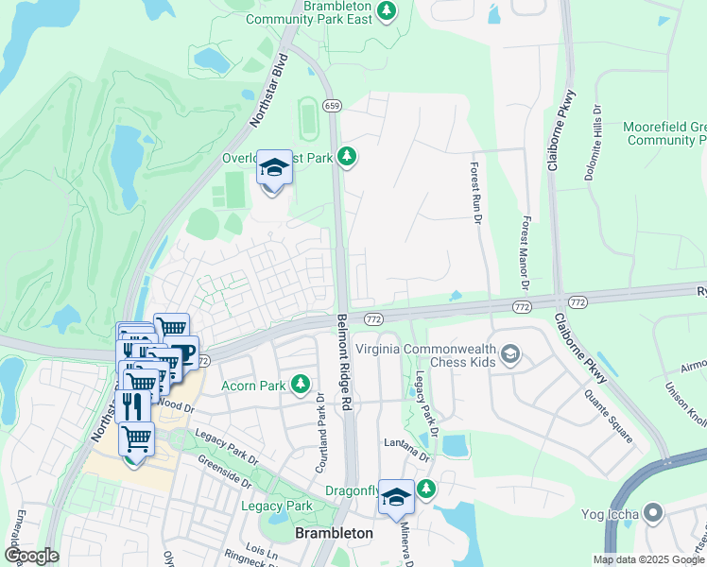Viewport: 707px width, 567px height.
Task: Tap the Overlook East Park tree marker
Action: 347,156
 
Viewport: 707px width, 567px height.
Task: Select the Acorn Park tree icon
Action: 300,384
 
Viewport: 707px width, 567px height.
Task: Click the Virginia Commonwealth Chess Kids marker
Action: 510,354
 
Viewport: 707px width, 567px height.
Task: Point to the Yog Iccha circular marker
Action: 654,514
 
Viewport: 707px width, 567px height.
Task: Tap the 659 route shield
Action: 331,106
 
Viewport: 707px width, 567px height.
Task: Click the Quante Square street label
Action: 608,418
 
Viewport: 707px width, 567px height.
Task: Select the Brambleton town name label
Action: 334,533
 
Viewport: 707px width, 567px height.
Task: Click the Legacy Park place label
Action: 276,507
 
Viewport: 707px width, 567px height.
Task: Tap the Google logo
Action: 31,556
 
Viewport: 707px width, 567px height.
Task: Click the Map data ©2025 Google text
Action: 648,559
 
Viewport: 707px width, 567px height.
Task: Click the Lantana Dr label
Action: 406,443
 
